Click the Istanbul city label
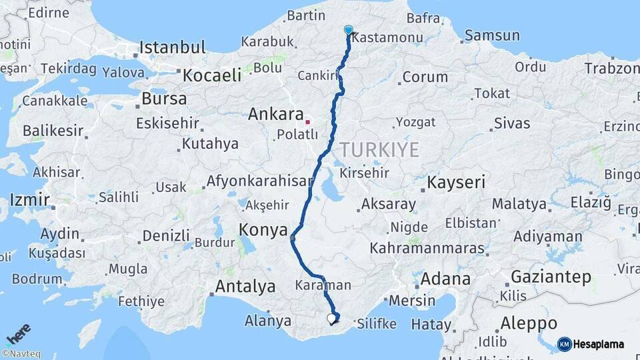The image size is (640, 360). pyautogui.click(x=172, y=48)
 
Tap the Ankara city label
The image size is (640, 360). pyautogui.click(x=276, y=114)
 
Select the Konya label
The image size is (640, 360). pyautogui.click(x=263, y=231)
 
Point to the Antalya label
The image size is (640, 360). pyautogui.click(x=245, y=287)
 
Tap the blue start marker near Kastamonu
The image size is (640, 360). pyautogui.click(x=348, y=30)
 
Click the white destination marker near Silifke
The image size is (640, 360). pyautogui.click(x=331, y=319)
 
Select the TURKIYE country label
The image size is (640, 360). pyautogui.click(x=379, y=149)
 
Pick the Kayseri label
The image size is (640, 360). pyautogui.click(x=457, y=182)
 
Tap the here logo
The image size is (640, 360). pyautogui.click(x=19, y=334)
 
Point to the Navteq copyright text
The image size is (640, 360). pyautogui.click(x=22, y=354)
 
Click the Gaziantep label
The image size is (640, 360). pyautogui.click(x=551, y=277)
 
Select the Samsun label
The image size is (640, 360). pyautogui.click(x=492, y=35)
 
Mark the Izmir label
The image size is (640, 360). pyautogui.click(x=30, y=200)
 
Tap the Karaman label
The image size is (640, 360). pyautogui.click(x=323, y=285)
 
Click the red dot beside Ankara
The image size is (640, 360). pyautogui.click(x=307, y=122)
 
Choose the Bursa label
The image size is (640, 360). pyautogui.click(x=164, y=99)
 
